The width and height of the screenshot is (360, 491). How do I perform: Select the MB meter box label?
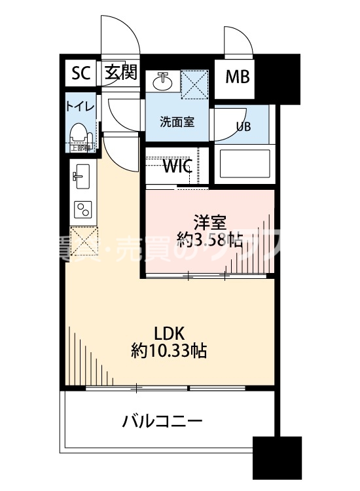point(238,77)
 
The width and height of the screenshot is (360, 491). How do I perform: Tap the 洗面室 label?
point(176,121)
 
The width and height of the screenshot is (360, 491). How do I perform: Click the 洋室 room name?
point(207,221)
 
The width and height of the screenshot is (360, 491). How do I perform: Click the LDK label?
point(169,331)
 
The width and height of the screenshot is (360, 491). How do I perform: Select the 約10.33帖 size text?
point(169,351)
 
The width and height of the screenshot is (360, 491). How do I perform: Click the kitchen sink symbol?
point(82,175)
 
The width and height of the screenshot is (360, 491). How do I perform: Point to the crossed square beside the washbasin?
point(195,84)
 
